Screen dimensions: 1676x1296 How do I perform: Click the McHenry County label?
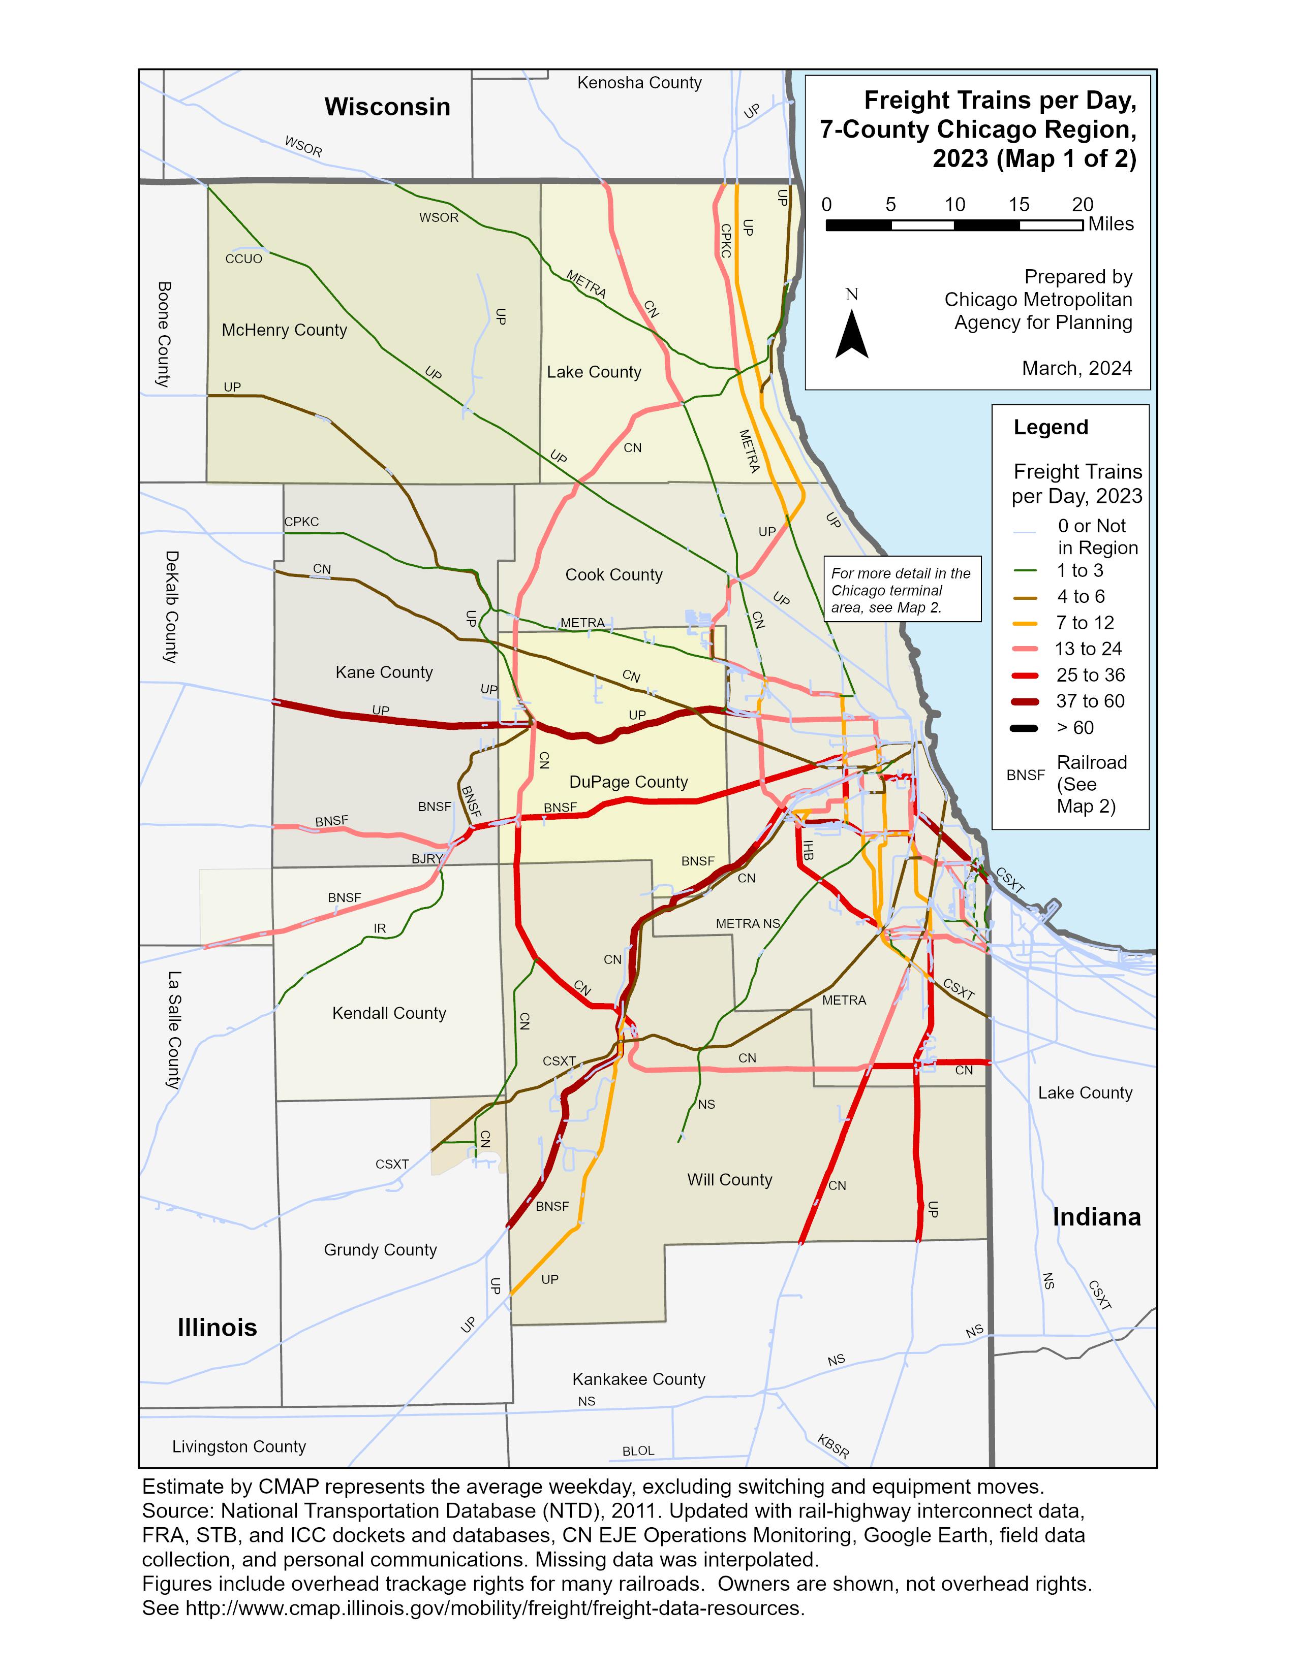284,330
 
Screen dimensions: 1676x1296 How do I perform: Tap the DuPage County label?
628,782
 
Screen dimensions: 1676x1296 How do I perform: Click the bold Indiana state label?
1096,1217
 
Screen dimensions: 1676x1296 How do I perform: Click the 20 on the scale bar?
1082,204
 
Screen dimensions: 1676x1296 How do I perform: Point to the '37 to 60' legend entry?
1090,701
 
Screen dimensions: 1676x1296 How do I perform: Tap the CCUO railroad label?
243,259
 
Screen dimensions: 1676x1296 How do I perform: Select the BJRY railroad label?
427,859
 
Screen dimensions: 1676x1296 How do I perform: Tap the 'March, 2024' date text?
1076,368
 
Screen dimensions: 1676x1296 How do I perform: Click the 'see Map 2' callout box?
902,589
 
